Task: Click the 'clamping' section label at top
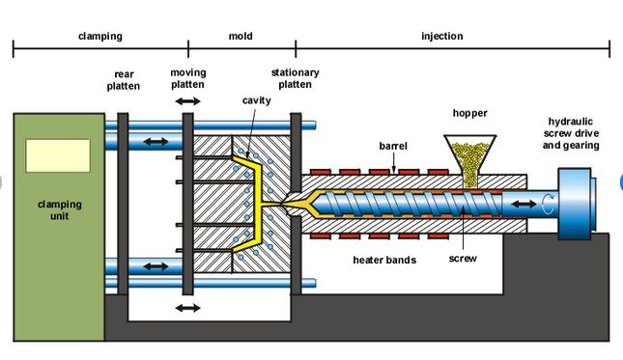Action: [x=99, y=37]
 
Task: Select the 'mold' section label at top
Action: [x=241, y=37]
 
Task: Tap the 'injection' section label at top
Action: [x=442, y=37]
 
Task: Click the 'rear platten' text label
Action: [x=124, y=79]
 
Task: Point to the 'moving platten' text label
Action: [x=187, y=78]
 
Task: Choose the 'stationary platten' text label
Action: [x=295, y=78]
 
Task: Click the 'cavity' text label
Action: [x=255, y=100]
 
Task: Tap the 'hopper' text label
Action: [x=470, y=114]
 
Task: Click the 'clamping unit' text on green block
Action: [x=59, y=210]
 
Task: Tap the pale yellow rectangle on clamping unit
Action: [x=58, y=155]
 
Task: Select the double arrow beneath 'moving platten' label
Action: [x=187, y=100]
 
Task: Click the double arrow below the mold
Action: [x=187, y=308]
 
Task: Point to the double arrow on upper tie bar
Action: [x=153, y=142]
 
